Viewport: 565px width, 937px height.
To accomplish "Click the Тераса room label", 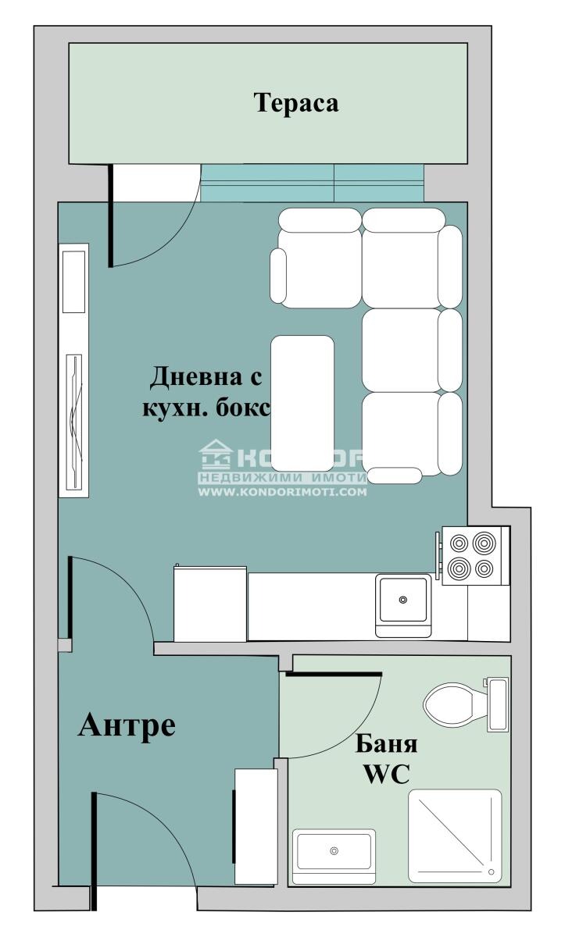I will click(x=296, y=103).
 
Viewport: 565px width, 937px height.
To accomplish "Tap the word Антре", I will click(x=127, y=725).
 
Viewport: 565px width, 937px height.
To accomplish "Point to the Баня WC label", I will click(x=386, y=757).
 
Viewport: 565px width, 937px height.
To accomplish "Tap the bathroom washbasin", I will click(x=334, y=852).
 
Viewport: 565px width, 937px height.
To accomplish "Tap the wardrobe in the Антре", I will click(x=256, y=826).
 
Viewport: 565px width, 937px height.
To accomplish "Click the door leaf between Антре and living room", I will click(x=70, y=597).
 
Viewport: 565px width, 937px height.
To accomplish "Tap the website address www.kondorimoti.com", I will click(x=282, y=493).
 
